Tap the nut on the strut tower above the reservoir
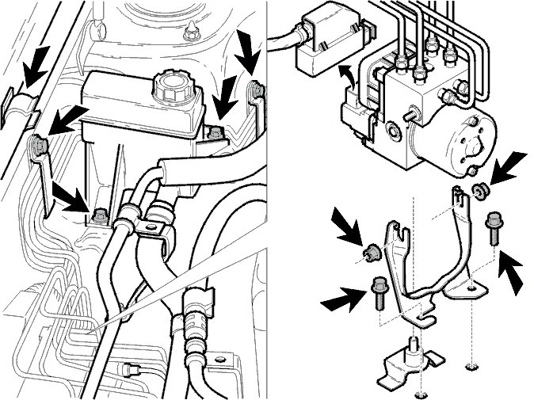pos(189,34)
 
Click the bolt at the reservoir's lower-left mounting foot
pos(99,215)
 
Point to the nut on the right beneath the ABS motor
pos(479,190)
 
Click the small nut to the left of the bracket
pos(368,253)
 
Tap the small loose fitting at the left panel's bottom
pos(132,368)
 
